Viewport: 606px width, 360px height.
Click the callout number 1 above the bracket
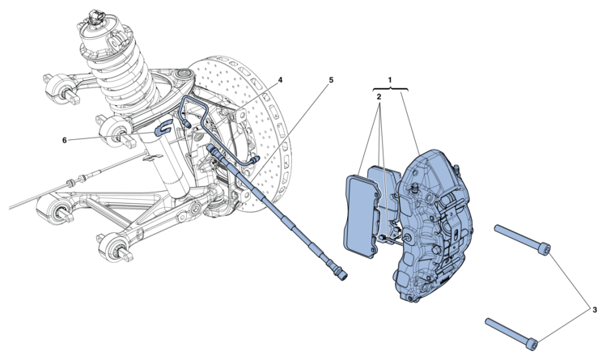point(390,80)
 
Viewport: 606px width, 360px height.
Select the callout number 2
point(379,96)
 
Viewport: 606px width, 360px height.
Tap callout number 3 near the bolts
point(595,309)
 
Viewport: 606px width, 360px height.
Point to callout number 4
point(280,80)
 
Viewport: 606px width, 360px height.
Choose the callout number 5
point(331,80)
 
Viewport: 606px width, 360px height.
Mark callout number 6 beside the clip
point(65,140)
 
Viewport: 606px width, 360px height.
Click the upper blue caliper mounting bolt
point(523,240)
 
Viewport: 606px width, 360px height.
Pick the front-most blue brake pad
point(359,216)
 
